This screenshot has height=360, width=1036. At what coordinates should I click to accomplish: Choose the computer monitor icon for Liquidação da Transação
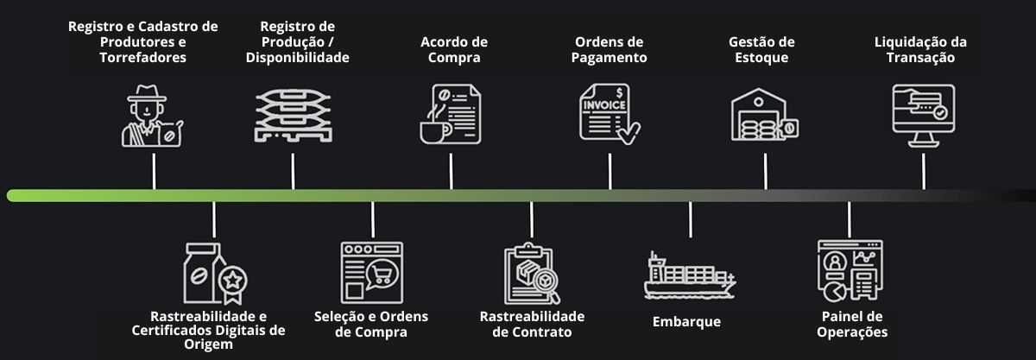pyautogui.click(x=922, y=113)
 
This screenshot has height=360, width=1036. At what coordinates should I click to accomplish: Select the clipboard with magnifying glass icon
pyautogui.click(x=532, y=274)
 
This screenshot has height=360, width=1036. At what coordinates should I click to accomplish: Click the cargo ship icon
pyautogui.click(x=690, y=275)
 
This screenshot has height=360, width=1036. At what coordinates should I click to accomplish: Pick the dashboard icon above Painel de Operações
pyautogui.click(x=850, y=268)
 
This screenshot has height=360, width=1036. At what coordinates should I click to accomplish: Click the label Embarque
pyautogui.click(x=686, y=322)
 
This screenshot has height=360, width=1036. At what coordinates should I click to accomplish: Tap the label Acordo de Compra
pyautogui.click(x=454, y=49)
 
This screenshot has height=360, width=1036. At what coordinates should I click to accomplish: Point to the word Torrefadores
pyautogui.click(x=143, y=58)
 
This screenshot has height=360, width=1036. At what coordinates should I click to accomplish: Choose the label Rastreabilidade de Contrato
pyautogui.click(x=532, y=324)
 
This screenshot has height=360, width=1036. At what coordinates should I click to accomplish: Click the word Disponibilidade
pyautogui.click(x=297, y=58)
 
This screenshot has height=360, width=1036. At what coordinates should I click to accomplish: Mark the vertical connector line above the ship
pyautogui.click(x=690, y=219)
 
